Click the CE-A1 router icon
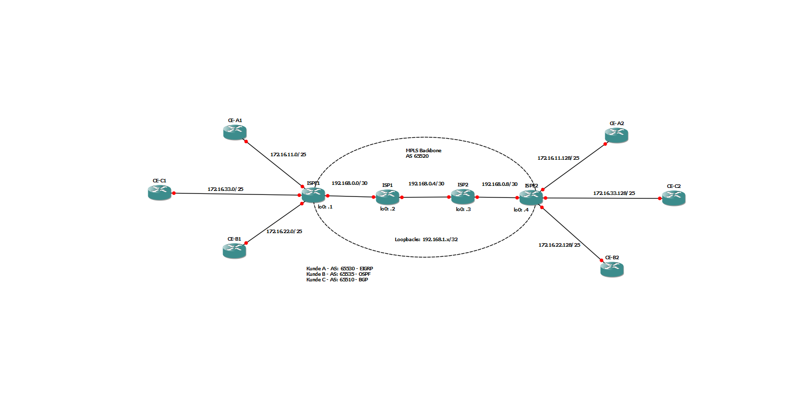click(x=235, y=132)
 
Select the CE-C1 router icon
click(x=160, y=192)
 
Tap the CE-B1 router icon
click(x=234, y=250)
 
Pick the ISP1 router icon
click(x=387, y=197)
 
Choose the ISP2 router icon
click(x=463, y=196)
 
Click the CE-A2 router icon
click(x=616, y=135)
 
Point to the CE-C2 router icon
click(x=673, y=198)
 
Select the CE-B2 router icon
click(x=612, y=269)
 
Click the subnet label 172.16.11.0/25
click(x=288, y=155)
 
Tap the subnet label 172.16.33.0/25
click(x=225, y=189)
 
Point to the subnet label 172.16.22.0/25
click(x=284, y=232)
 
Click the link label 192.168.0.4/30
click(x=426, y=184)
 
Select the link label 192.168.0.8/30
click(x=500, y=184)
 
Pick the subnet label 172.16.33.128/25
click(x=614, y=193)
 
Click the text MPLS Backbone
click(x=423, y=151)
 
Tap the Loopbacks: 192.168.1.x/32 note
click(x=426, y=240)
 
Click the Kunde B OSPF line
click(x=338, y=274)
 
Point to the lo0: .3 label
click(x=463, y=209)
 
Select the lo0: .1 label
click(x=325, y=207)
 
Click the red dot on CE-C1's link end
click(x=174, y=193)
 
